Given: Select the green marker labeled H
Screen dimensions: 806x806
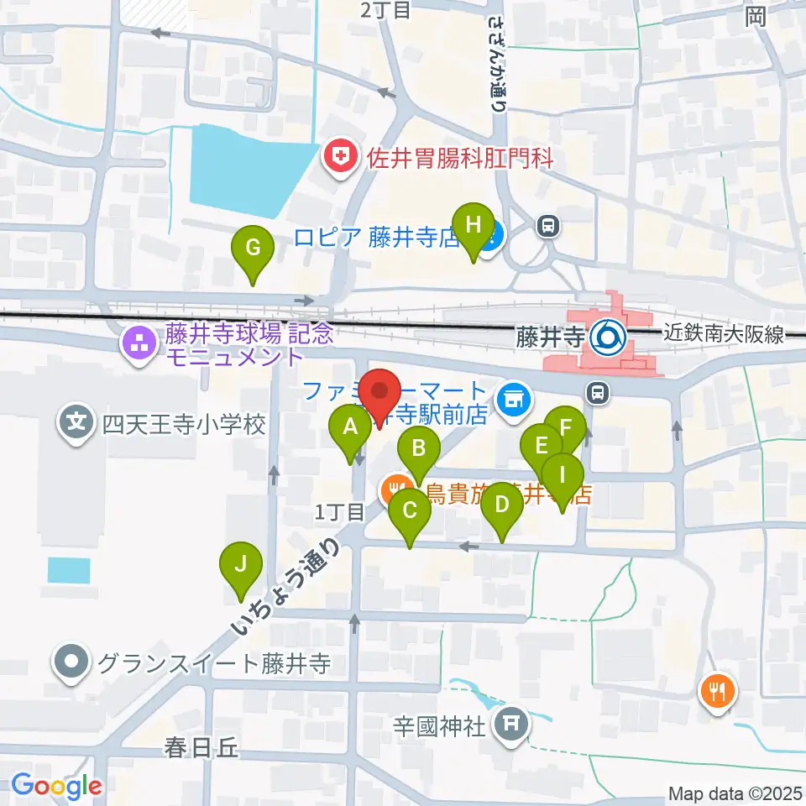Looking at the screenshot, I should [474, 224].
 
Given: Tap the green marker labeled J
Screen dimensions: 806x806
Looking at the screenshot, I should [241, 563].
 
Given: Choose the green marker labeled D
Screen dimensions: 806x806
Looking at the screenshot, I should [502, 505].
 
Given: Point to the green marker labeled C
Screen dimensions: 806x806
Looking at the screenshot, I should [410, 510].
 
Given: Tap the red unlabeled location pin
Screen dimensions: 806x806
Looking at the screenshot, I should [383, 392].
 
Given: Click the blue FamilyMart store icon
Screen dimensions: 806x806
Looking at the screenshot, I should [513, 397].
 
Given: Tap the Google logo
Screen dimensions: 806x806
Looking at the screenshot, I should [56, 786].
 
